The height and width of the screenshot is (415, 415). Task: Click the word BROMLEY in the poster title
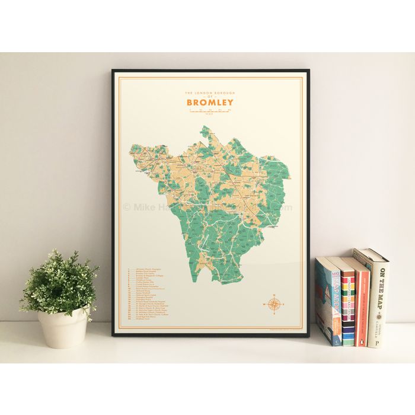pyautogui.click(x=210, y=102)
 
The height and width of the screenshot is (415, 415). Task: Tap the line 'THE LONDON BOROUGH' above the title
pyautogui.click(x=209, y=93)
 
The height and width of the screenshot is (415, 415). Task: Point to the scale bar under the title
pyautogui.click(x=210, y=111)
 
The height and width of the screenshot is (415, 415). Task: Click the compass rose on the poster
pyautogui.click(x=274, y=304)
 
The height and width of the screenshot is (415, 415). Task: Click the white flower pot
pyautogui.click(x=63, y=327)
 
